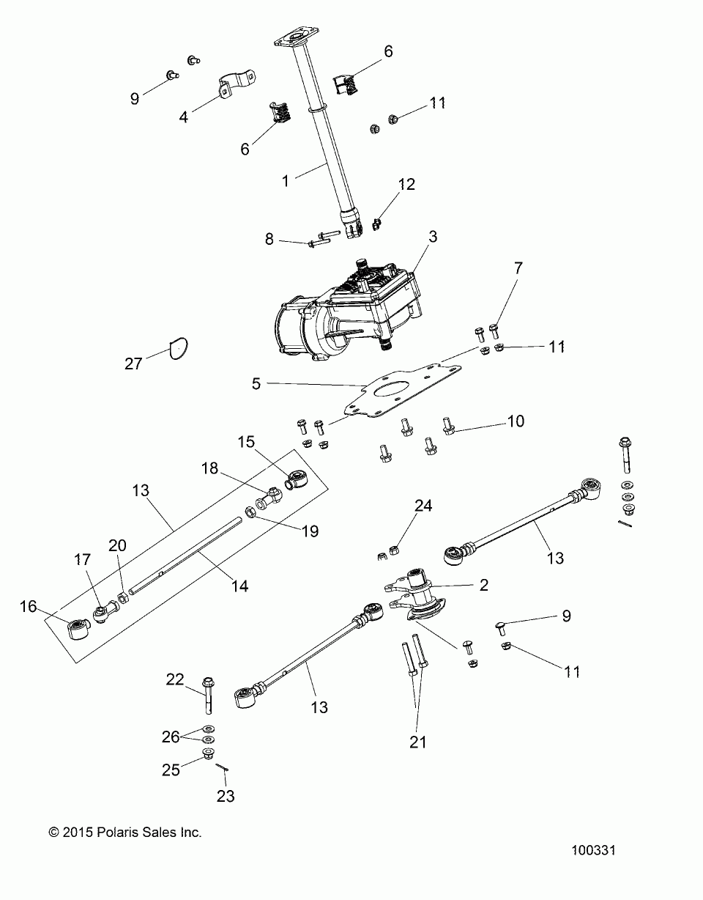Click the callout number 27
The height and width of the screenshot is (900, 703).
click(x=133, y=364)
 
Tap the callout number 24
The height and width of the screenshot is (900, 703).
click(x=423, y=506)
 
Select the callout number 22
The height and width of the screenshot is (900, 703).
click(x=174, y=679)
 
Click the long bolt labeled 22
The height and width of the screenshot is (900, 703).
click(x=209, y=693)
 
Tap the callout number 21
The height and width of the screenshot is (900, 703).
click(x=417, y=742)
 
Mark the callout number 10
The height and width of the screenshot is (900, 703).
click(x=516, y=421)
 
